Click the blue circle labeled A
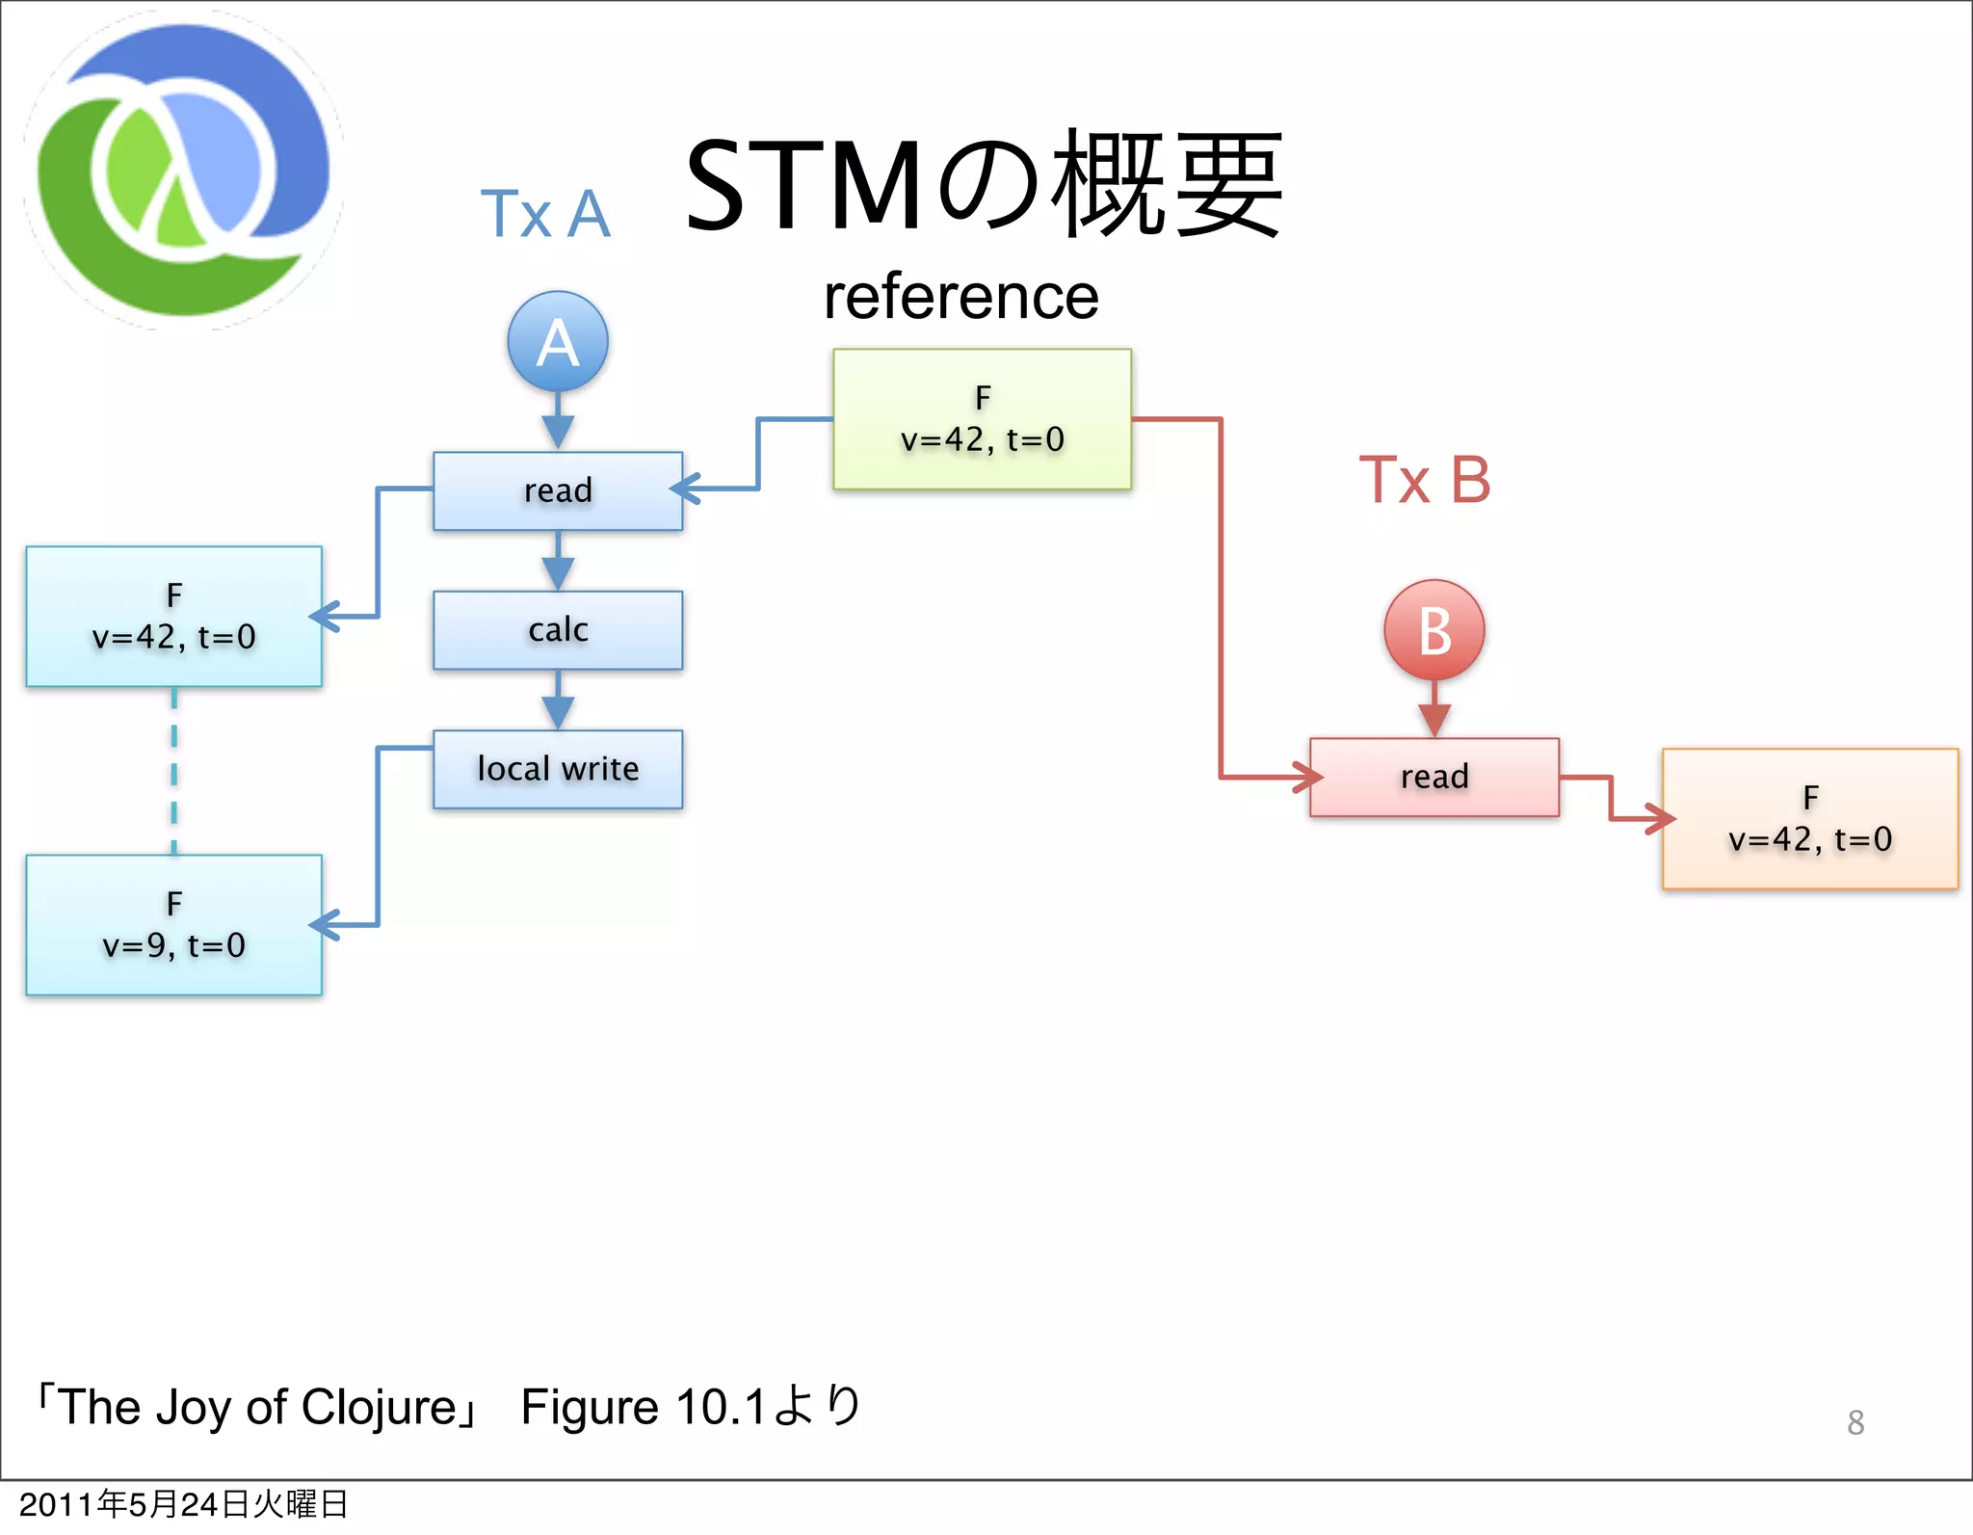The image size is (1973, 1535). click(x=558, y=341)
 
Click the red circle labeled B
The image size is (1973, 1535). click(x=1434, y=630)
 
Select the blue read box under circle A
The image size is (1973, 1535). click(x=558, y=490)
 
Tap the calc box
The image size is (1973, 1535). click(x=558, y=630)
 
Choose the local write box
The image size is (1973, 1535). click(x=558, y=769)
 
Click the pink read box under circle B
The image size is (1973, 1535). click(x=1434, y=777)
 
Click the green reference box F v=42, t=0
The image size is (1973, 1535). click(x=982, y=419)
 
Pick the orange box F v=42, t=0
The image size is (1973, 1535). click(x=1809, y=818)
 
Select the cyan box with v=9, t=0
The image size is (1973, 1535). click(x=173, y=925)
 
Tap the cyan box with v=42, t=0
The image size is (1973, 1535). click(x=173, y=617)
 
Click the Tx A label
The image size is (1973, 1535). click(x=545, y=214)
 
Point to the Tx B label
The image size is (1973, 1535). click(x=1424, y=480)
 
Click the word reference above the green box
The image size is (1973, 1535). click(x=960, y=297)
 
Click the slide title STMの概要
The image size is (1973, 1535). click(x=983, y=185)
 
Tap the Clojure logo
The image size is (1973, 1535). click(x=183, y=171)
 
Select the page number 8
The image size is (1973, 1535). click(x=1855, y=1422)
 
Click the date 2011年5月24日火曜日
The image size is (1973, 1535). click(x=183, y=1504)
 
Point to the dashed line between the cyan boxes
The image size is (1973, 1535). click(x=174, y=771)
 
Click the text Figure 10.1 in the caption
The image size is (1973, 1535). click(x=644, y=1407)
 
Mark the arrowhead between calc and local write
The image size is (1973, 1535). click(x=558, y=712)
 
